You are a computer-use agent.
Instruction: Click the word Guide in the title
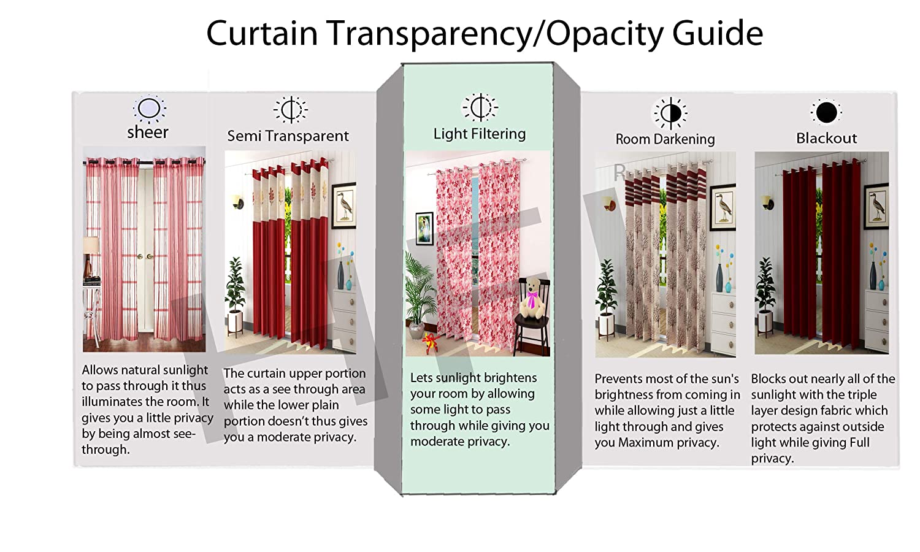point(718,33)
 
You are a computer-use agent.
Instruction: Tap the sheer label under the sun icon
point(148,132)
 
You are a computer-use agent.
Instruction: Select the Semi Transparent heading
point(288,136)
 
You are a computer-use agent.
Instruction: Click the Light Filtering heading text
point(480,134)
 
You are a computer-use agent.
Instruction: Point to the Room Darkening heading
point(665,139)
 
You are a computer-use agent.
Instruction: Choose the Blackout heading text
point(826,138)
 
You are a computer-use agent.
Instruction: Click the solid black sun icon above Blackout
point(826,112)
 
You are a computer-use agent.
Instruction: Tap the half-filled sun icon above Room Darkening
point(670,113)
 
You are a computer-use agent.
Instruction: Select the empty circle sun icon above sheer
point(149,109)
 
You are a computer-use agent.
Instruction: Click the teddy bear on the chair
point(533,298)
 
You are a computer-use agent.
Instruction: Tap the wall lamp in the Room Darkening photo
point(608,203)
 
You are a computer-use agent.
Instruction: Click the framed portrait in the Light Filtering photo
point(424,228)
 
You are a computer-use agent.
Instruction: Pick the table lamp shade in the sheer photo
point(91,245)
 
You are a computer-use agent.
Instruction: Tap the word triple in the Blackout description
point(862,395)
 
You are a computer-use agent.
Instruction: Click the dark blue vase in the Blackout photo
point(873,275)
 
